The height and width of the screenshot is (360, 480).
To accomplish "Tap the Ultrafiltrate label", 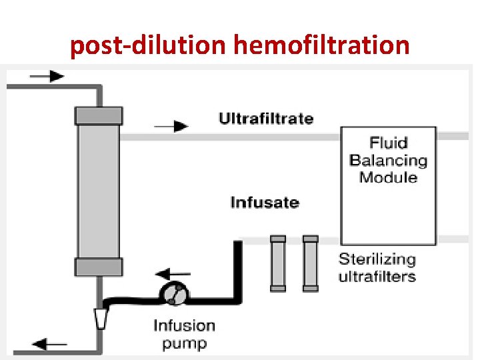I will click(266, 119).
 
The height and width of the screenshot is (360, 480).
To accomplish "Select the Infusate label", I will click(265, 202).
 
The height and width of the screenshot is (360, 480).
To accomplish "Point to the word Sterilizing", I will click(377, 259).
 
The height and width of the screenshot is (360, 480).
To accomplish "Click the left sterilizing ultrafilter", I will click(278, 263).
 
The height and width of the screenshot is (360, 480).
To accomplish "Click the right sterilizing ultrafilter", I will click(310, 263).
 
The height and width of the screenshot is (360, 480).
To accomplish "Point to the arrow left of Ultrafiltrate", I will click(171, 125).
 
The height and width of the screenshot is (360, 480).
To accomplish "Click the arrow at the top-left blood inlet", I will click(47, 75).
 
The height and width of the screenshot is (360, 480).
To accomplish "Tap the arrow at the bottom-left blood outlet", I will click(50, 345).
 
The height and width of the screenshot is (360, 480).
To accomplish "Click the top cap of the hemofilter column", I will click(99, 115).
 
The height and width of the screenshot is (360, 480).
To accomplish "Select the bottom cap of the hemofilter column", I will click(99, 267).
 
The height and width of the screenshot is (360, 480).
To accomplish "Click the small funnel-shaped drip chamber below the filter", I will click(100, 317).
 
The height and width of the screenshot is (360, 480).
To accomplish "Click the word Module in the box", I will click(388, 177).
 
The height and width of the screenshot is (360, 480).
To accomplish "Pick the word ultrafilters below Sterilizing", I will click(377, 276).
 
